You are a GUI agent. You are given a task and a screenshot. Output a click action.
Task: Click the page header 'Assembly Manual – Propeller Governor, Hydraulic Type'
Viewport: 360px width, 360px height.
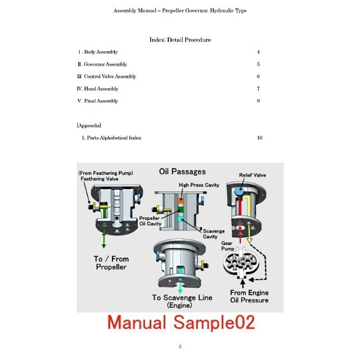pos(179,11)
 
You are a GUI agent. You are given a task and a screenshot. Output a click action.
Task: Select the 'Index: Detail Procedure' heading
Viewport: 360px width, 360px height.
pos(180,40)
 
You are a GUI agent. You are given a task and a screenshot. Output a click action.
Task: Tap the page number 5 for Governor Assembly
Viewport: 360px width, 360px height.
pos(258,65)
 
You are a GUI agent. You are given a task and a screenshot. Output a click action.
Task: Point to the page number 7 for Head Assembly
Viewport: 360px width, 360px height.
pos(258,89)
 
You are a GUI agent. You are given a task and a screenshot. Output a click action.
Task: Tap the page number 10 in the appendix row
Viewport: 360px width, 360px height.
pos(259,138)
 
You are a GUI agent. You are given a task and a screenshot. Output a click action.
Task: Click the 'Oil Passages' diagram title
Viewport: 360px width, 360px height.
pos(182,172)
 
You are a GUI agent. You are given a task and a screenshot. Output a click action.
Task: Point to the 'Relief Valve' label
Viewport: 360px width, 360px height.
pos(253,175)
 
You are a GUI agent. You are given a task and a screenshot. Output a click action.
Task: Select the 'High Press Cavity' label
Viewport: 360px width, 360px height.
pos(199,184)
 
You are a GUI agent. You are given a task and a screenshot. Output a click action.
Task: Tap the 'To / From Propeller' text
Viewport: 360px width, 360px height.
pos(110,263)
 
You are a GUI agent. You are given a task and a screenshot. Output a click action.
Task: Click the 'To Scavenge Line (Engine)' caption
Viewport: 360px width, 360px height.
pos(183,301)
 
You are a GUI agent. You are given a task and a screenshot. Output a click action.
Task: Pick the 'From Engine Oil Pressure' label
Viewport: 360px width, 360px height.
pos(250,296)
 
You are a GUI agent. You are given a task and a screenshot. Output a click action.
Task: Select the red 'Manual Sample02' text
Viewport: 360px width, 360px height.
pos(181,322)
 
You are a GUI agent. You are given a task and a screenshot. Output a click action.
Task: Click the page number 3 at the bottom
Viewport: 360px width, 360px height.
pos(179,346)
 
